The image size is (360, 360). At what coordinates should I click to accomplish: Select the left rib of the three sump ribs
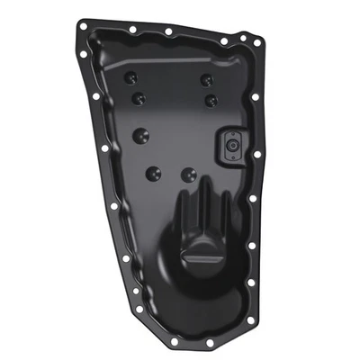[179, 216]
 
